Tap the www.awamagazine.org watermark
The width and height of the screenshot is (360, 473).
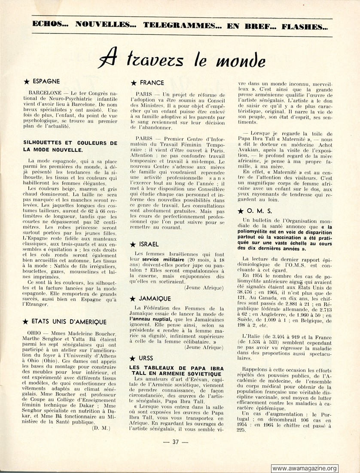[x=305, y=468]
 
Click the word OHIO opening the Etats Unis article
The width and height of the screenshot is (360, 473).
[x=34, y=333]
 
